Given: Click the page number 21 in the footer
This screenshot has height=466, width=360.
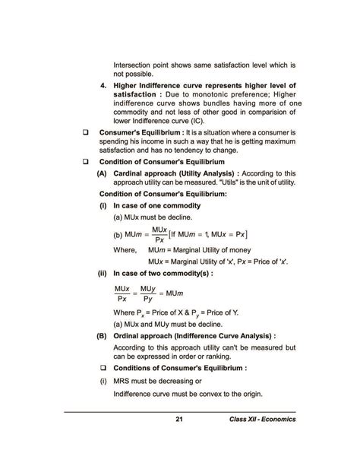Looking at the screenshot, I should [x=180, y=420].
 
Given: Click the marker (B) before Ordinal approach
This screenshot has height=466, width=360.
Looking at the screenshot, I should [x=101, y=334].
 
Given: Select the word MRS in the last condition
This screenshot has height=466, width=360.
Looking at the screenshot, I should [x=125, y=380].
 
